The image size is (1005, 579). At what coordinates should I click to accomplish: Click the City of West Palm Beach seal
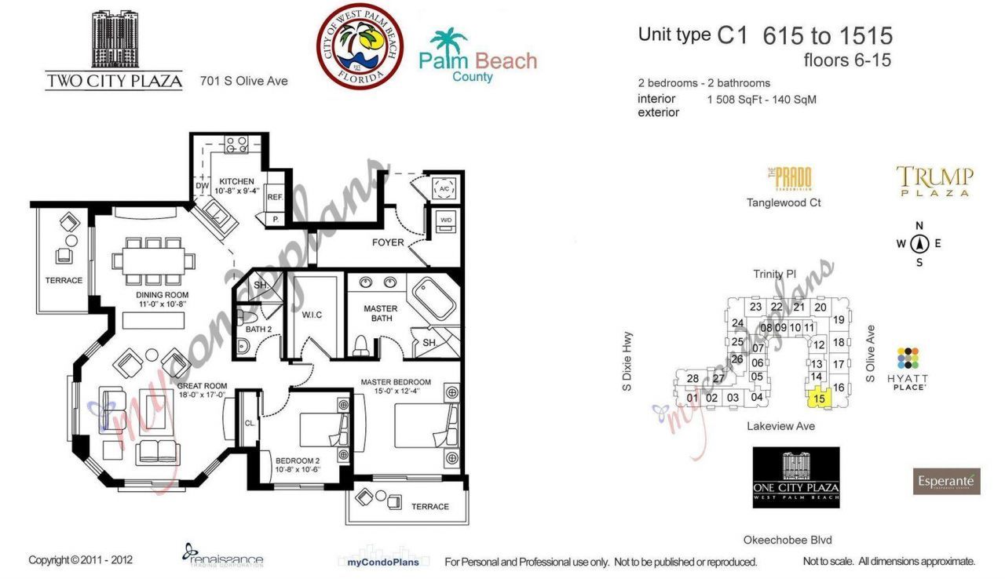pos(360,46)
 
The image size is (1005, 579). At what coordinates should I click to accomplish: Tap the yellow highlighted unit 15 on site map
pos(820,398)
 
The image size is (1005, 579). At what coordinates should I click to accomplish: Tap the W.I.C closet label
pos(312,315)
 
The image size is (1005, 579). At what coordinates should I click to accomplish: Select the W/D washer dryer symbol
pos(445,220)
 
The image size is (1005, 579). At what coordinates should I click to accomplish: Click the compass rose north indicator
pos(919,243)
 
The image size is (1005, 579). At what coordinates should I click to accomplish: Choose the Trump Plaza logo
pos(934,181)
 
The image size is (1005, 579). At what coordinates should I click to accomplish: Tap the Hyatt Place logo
pos(908,368)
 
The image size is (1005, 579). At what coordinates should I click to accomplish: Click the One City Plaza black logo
pos(796,477)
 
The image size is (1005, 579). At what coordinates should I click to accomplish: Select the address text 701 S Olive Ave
pos(243,81)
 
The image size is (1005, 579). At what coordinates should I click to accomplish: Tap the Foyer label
pos(388,242)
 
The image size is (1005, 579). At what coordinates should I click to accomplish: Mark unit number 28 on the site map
pos(693,379)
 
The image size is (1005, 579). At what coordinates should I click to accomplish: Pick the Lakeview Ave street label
pos(780,426)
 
